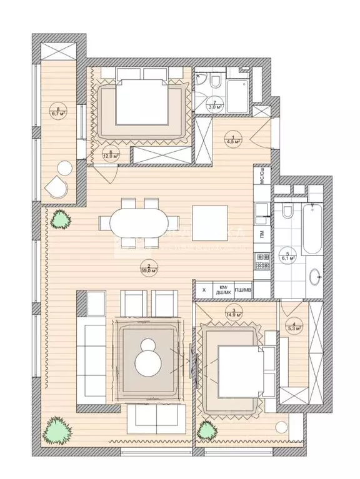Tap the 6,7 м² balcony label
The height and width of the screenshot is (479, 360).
point(59,111)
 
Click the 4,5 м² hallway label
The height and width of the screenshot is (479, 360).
point(233,139)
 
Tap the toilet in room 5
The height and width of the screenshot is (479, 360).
point(286,212)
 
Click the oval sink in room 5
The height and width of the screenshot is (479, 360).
point(316,275)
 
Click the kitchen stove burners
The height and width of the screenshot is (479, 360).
point(262,261)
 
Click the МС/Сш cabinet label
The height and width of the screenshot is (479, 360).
point(262,176)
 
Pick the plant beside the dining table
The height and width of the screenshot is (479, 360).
point(61,219)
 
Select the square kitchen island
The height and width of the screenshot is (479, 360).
point(209,222)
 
